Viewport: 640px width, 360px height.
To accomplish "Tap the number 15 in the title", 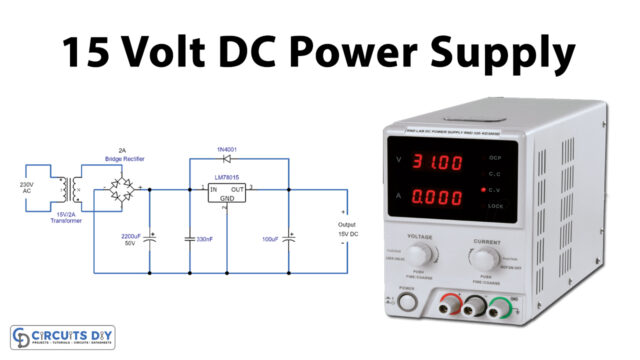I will [x=88, y=52].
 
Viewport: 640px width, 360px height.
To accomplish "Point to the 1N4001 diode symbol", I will [x=226, y=158].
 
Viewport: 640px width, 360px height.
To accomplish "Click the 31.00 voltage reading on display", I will [x=437, y=160].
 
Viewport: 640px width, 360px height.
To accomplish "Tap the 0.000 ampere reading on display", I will [x=437, y=199].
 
